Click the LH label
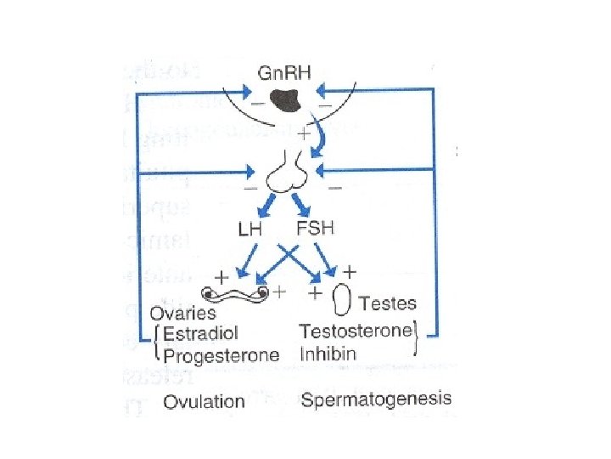(251, 230)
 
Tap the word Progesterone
(221, 354)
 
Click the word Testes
(388, 303)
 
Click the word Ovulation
(204, 400)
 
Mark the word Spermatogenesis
(376, 399)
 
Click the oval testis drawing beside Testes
(343, 300)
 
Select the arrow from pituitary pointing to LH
(266, 205)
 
